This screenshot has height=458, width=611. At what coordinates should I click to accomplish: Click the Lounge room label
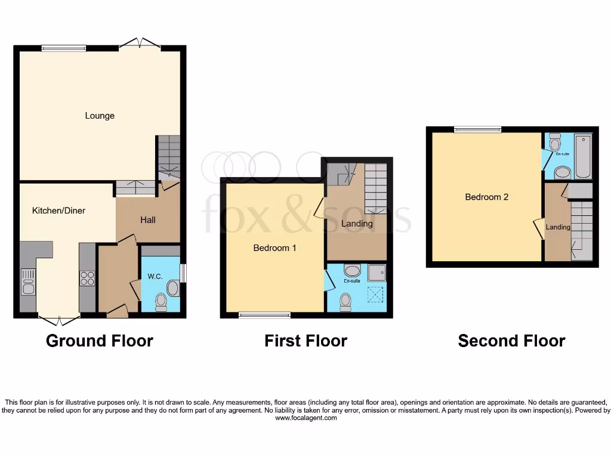(x=100, y=116)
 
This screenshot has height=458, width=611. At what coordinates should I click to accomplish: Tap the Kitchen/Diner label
(x=58, y=211)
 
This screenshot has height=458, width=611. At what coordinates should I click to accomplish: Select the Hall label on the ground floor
(x=148, y=220)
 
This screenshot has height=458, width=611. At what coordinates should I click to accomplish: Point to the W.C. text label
(x=155, y=276)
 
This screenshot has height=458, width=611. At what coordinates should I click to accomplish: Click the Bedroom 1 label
(x=274, y=248)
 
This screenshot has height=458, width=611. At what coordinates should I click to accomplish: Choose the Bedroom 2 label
(x=486, y=197)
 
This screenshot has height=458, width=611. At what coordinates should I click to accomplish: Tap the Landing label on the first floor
(x=357, y=224)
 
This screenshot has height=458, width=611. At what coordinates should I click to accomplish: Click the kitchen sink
(x=27, y=282)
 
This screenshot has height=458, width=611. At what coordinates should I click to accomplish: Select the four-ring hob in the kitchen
(x=87, y=278)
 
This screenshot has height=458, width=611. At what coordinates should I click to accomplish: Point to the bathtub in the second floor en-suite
(x=582, y=156)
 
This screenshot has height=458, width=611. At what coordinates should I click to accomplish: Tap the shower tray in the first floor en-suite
(x=377, y=273)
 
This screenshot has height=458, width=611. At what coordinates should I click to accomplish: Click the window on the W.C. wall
(x=183, y=273)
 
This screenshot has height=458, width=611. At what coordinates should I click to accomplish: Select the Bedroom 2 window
(x=477, y=129)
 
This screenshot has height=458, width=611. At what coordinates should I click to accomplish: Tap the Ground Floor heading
(x=100, y=341)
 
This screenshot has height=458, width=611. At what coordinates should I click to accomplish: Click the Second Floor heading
(x=511, y=341)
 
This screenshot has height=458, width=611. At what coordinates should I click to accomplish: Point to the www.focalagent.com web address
(x=305, y=418)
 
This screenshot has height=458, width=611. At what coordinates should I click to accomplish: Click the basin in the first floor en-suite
(x=352, y=272)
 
